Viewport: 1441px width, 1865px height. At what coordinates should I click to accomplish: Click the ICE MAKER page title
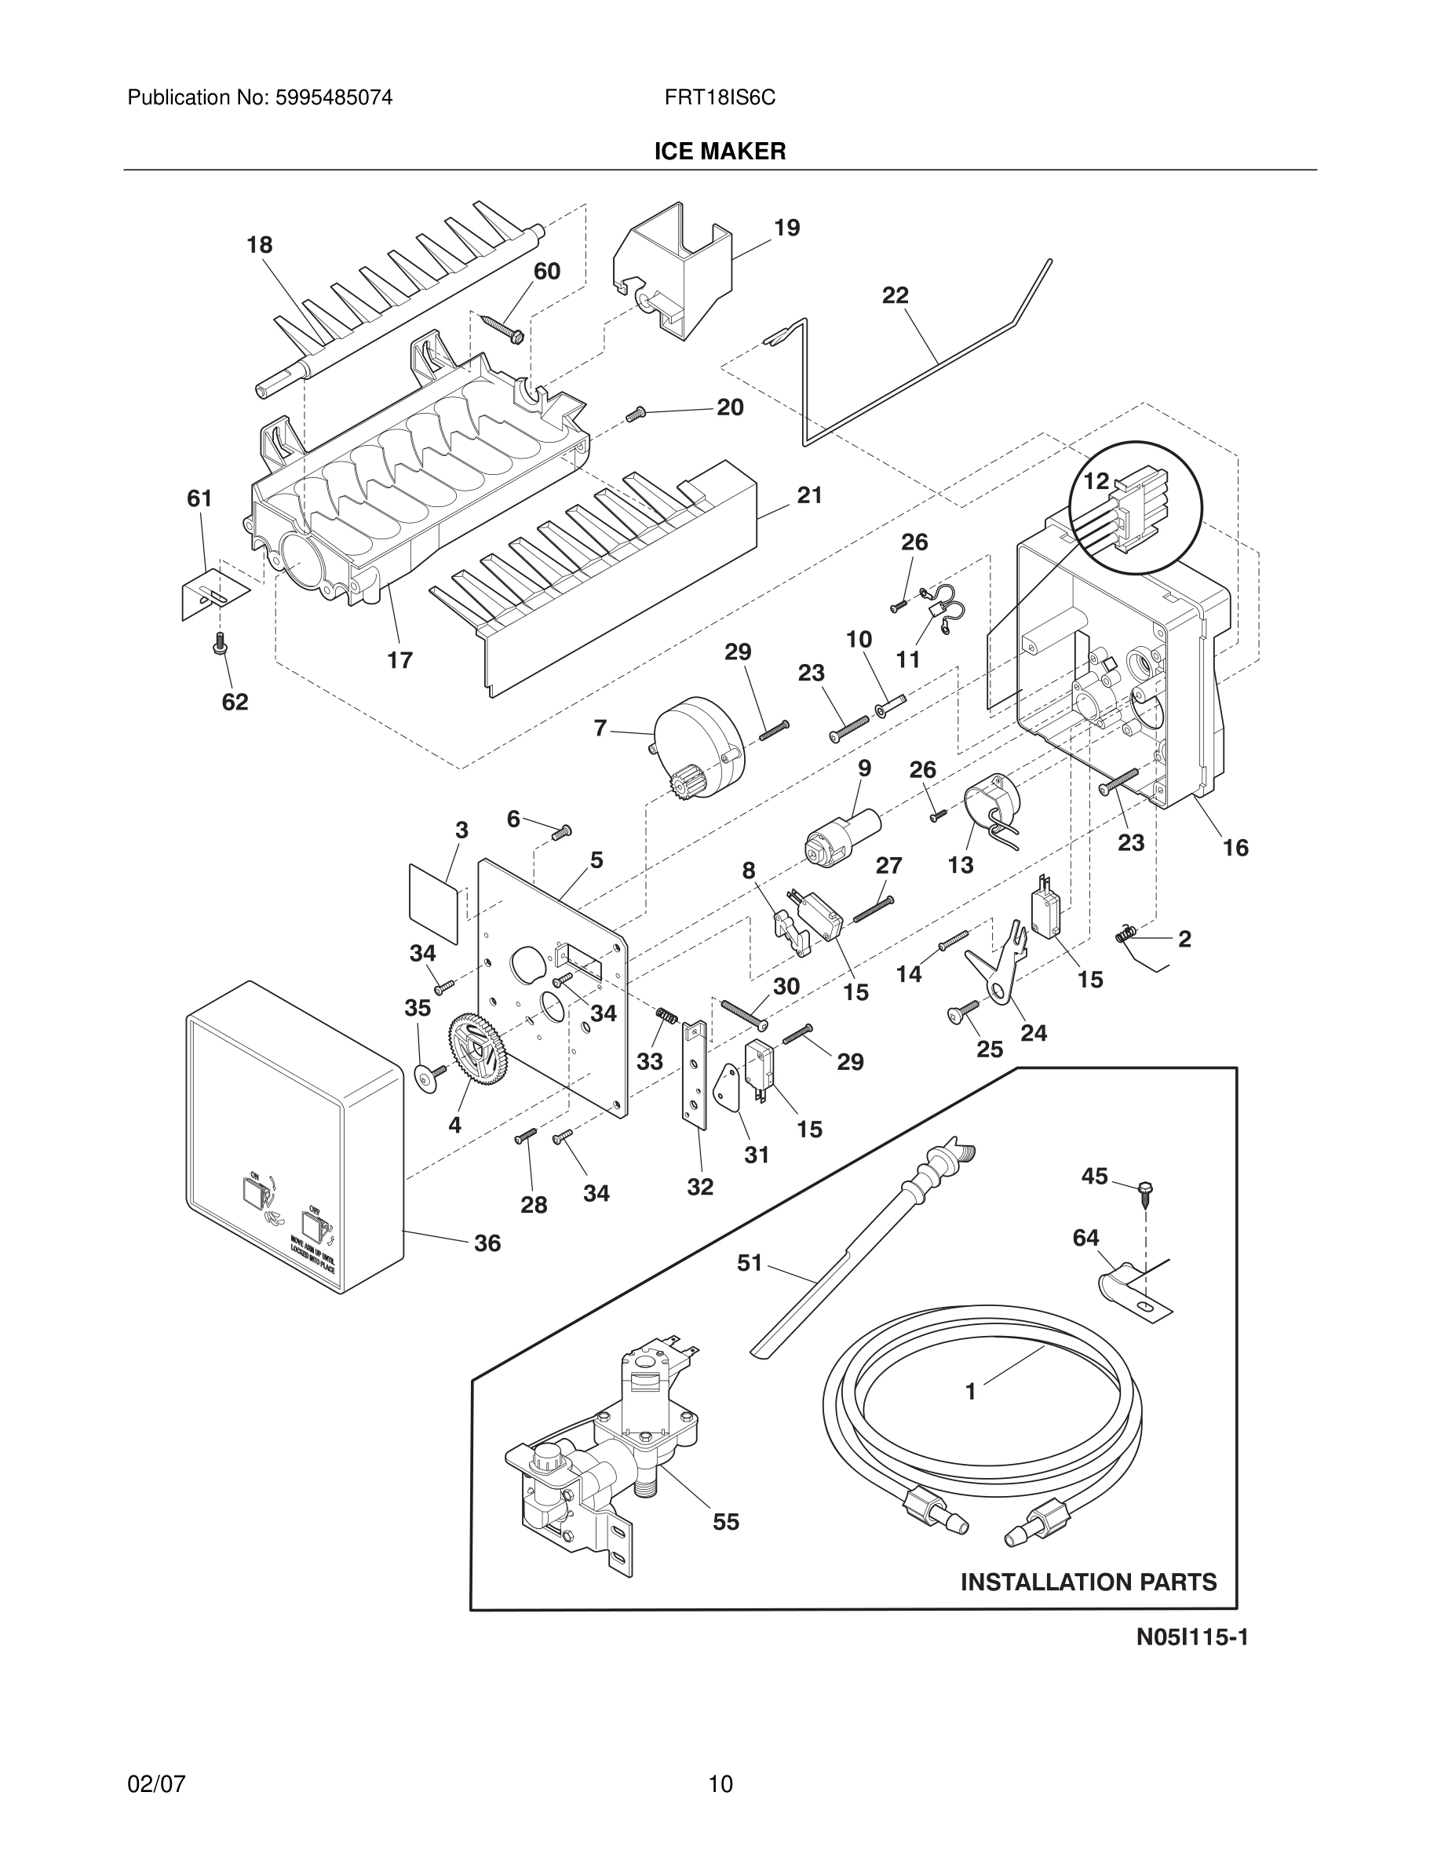[720, 152]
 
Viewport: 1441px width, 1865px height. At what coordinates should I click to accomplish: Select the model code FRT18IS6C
[720, 98]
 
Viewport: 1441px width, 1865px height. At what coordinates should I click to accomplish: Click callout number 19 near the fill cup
[786, 228]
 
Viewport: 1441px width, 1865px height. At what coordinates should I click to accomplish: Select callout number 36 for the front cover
[487, 1243]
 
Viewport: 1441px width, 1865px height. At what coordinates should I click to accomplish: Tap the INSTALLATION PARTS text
[1089, 1582]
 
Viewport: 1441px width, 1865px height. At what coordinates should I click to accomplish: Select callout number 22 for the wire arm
[895, 295]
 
